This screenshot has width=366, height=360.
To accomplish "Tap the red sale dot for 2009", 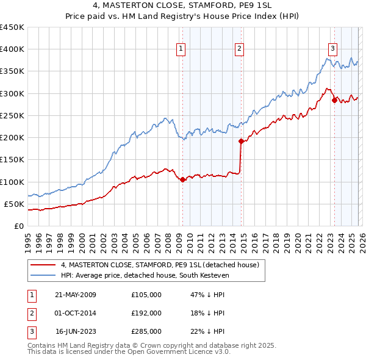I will click(182, 179).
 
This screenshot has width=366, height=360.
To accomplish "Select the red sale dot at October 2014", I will click(241, 141).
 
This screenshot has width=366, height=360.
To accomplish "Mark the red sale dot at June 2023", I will click(334, 100).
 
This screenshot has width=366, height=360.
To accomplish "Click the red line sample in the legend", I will click(43, 265).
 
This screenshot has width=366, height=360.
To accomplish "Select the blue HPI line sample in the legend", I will click(43, 275).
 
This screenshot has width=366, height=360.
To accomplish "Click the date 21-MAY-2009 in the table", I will click(76, 295).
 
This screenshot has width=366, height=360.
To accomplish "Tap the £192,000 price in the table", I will click(146, 313).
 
